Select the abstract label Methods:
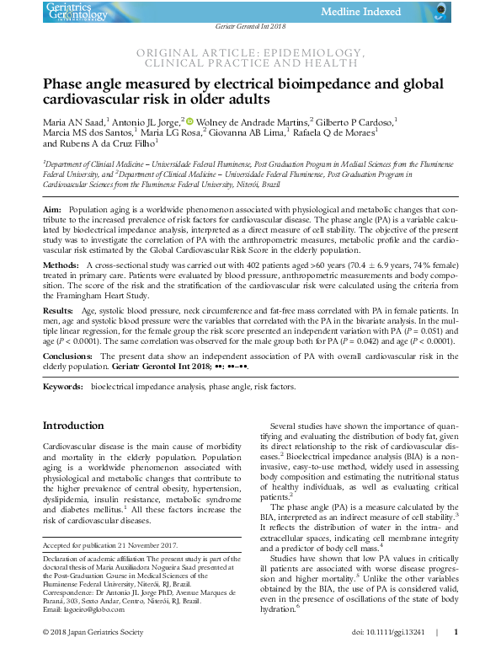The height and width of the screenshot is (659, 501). pos(61,265)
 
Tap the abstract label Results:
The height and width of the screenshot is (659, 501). pos(59,311)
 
